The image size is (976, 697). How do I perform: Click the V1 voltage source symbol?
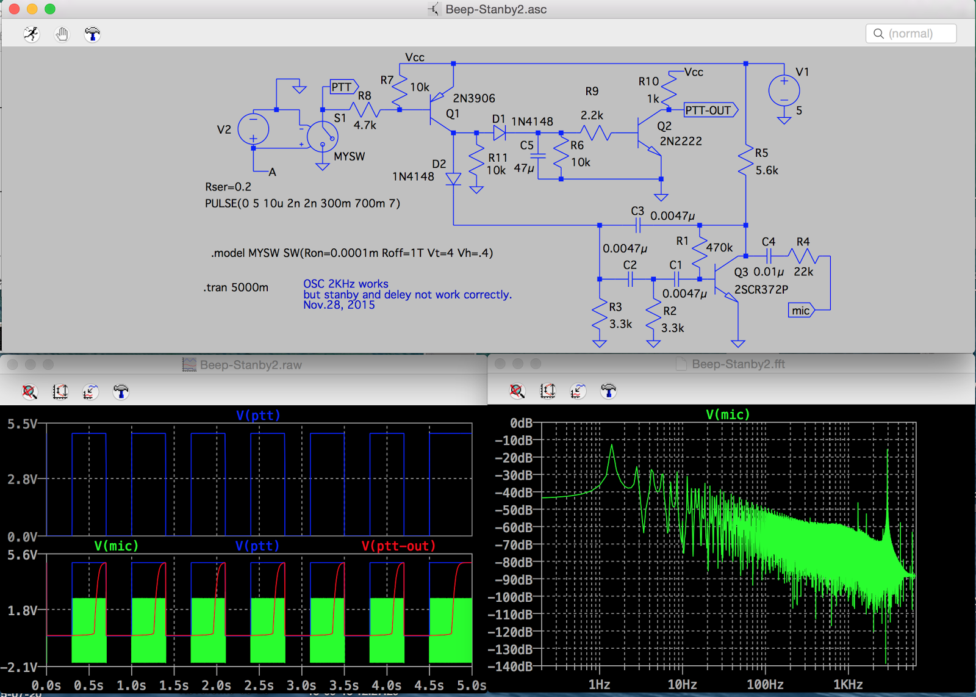click(x=784, y=91)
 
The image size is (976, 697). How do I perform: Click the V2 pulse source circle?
click(x=253, y=129)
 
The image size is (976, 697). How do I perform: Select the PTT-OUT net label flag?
click(x=709, y=110)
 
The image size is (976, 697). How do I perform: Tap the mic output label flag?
click(x=801, y=311)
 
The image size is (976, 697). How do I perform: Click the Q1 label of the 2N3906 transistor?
click(x=452, y=114)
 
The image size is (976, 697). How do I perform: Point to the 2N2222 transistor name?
click(x=681, y=141)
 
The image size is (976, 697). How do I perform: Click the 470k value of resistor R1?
click(x=719, y=247)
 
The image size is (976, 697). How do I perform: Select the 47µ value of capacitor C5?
click(x=524, y=168)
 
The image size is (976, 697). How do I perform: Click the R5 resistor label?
click(x=761, y=153)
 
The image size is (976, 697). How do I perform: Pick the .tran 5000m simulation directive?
click(x=236, y=287)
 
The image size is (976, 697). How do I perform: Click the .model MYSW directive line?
click(x=352, y=253)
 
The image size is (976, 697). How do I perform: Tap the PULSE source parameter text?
click(x=303, y=203)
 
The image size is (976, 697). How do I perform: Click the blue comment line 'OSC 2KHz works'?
click(x=346, y=284)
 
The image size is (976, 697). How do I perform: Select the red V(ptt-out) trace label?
click(x=398, y=546)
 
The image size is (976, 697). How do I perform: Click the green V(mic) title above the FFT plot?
click(x=728, y=414)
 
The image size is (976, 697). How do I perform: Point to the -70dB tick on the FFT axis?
click(x=513, y=545)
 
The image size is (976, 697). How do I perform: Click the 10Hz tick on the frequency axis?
click(x=682, y=685)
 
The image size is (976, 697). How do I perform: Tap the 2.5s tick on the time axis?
click(x=259, y=685)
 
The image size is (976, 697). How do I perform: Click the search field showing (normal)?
click(x=911, y=34)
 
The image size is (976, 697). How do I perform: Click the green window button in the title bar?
click(x=50, y=9)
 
